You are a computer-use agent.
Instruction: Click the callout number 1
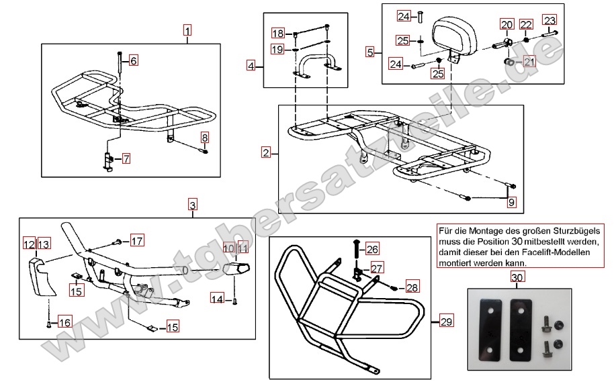[x=187, y=30]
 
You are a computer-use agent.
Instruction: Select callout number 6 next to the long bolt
[x=133, y=61]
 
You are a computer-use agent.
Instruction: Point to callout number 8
[x=204, y=138]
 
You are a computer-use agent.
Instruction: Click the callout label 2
[x=267, y=153]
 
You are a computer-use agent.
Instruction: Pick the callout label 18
[x=278, y=34]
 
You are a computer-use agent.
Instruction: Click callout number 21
[x=529, y=62]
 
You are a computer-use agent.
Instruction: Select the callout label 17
[x=137, y=241]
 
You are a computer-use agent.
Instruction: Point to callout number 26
[x=372, y=248]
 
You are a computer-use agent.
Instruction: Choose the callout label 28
[x=412, y=287]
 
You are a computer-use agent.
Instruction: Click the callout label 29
[x=447, y=322]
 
